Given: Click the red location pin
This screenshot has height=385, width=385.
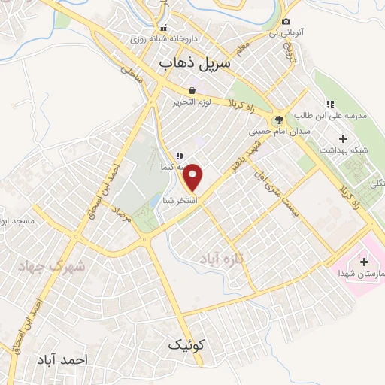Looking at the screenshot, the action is pyautogui.click(x=193, y=177).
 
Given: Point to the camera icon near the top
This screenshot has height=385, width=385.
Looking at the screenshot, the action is pyautogui.click(x=286, y=22).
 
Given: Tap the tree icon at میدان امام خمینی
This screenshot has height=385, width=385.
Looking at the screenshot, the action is pyautogui.click(x=279, y=118).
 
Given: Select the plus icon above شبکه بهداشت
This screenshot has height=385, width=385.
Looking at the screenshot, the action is pyautogui.click(x=344, y=138).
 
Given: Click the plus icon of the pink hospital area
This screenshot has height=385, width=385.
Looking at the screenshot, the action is pyautogui.click(x=365, y=262).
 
